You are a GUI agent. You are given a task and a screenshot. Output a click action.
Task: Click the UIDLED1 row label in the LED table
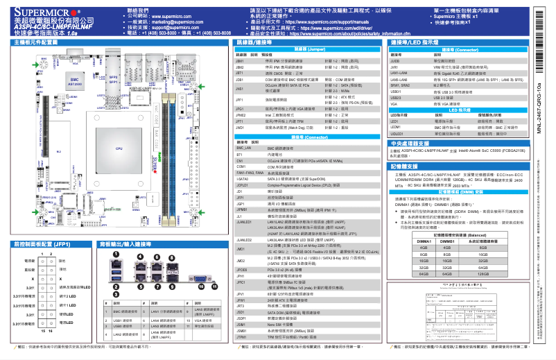pos(397,132)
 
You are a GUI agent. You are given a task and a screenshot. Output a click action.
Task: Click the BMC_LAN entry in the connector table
pos(243,148)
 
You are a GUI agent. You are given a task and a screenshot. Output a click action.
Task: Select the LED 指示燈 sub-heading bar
pos(459,110)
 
